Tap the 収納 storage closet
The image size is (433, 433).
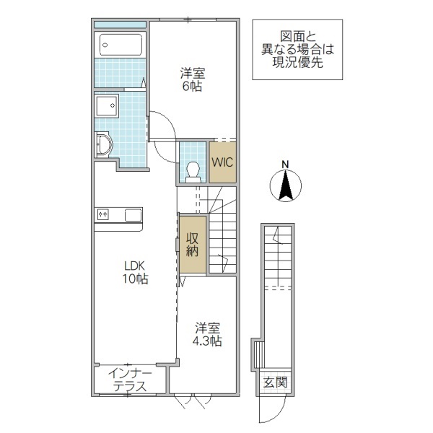(193, 245)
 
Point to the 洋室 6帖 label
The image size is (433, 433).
(192, 79)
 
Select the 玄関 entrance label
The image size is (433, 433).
(275, 382)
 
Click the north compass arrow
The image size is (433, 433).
(286, 187)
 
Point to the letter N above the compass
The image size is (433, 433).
(286, 164)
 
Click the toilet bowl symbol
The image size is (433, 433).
(193, 171)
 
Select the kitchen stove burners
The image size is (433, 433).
(103, 214)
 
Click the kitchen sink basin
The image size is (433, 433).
(133, 214)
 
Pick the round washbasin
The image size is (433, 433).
(103, 144)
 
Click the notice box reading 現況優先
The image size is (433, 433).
(297, 49)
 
